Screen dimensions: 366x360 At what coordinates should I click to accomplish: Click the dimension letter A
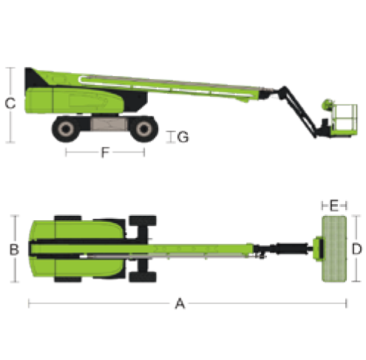[180, 303]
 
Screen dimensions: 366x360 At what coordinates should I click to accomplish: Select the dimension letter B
[14, 249]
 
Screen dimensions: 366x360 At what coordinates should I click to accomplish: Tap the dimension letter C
[10, 103]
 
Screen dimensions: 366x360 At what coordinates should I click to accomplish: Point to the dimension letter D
[356, 248]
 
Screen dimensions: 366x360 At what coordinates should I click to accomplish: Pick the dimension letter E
[334, 206]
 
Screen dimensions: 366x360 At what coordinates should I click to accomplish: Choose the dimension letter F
[105, 152]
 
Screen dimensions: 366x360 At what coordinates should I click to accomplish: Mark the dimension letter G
[183, 137]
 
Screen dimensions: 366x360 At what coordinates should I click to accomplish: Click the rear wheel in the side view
[66, 129]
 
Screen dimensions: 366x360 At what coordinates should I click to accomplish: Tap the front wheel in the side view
[144, 129]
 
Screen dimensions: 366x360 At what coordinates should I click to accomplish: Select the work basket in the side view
[344, 120]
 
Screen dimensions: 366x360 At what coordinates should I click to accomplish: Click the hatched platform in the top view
[334, 248]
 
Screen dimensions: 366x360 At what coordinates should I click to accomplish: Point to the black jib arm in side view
[298, 111]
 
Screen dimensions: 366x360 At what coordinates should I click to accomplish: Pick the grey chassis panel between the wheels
[109, 124]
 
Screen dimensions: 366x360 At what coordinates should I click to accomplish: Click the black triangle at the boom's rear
[33, 78]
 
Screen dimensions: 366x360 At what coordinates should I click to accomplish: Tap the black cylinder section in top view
[292, 248]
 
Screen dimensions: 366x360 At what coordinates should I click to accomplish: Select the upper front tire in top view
[143, 221]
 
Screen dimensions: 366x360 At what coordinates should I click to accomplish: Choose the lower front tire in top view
[143, 277]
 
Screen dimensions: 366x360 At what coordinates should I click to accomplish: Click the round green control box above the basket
[328, 104]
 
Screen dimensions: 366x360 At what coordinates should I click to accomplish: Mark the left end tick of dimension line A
[29, 303]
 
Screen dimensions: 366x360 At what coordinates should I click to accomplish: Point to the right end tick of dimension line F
[144, 152]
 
